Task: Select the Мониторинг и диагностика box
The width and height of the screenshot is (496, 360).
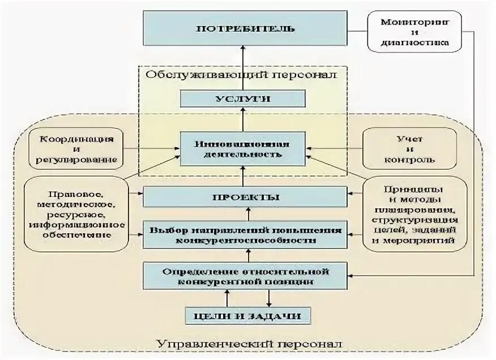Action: click(414, 32)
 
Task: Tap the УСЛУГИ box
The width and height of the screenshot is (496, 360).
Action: click(242, 98)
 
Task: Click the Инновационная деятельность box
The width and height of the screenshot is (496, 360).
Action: click(242, 148)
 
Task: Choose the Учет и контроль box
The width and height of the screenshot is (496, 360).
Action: click(409, 149)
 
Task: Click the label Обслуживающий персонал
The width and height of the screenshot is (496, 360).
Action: click(241, 75)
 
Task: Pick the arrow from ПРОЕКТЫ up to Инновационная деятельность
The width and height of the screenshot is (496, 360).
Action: click(242, 176)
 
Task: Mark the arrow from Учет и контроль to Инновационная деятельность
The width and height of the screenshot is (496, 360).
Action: click(333, 148)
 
